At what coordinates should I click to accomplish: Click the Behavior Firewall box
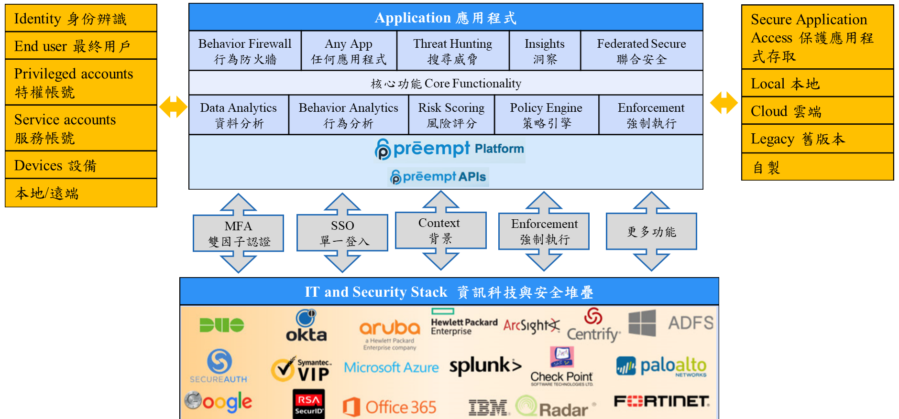pyautogui.click(x=245, y=51)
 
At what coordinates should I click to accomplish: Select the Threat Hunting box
pyautogui.click(x=452, y=51)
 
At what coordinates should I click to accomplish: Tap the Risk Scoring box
pyautogui.click(x=451, y=115)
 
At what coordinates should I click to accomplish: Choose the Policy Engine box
pyautogui.click(x=546, y=115)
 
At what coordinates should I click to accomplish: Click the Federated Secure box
pyautogui.click(x=641, y=51)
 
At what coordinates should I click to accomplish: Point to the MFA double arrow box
pyautogui.click(x=238, y=233)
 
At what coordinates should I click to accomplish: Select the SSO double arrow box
pyautogui.click(x=342, y=233)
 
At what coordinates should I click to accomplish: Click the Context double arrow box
pyautogui.click(x=440, y=230)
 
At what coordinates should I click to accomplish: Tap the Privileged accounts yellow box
pyautogui.click(x=81, y=82)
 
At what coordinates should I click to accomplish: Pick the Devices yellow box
pyautogui.click(x=81, y=165)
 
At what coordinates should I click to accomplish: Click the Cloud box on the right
pyautogui.click(x=817, y=111)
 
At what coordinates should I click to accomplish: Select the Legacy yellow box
pyautogui.click(x=817, y=139)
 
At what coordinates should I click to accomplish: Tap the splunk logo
pyautogui.click(x=484, y=366)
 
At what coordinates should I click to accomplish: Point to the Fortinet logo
pyautogui.click(x=661, y=401)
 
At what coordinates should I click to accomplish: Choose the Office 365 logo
pyautogui.click(x=389, y=407)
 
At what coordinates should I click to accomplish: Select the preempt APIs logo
pyautogui.click(x=438, y=177)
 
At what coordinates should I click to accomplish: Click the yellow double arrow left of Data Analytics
pyautogui.click(x=173, y=107)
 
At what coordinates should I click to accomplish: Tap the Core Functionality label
pyautogui.click(x=446, y=84)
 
